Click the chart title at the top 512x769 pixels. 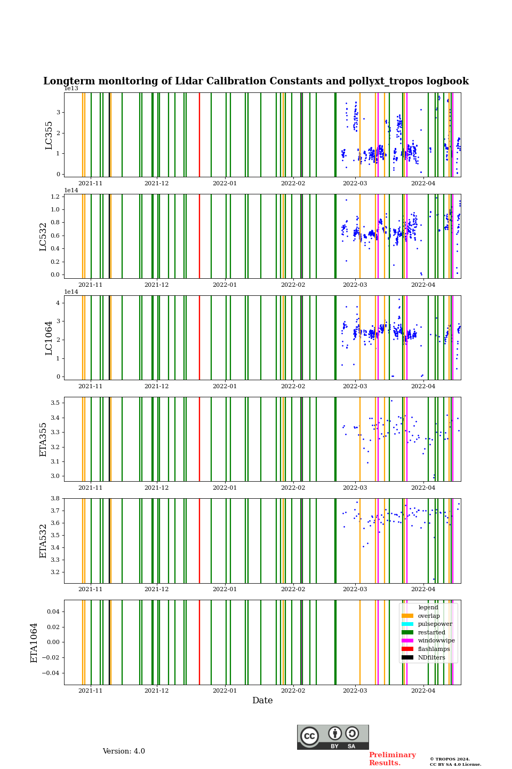256,81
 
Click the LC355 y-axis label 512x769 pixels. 49,135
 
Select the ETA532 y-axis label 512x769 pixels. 44,541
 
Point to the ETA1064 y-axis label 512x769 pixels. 34,642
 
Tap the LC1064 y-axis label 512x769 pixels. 49,338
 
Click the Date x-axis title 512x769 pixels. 262,701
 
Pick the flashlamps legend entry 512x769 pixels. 434,649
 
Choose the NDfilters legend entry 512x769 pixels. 431,658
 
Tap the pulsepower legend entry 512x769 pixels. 435,624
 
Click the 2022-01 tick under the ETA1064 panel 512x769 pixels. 225,690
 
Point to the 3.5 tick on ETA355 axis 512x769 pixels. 55,403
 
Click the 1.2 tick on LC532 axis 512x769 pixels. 55,197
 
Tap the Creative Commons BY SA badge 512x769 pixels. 333,737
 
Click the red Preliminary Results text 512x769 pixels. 392,759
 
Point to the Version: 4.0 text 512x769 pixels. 124,751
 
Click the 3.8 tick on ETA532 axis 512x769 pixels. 55,498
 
